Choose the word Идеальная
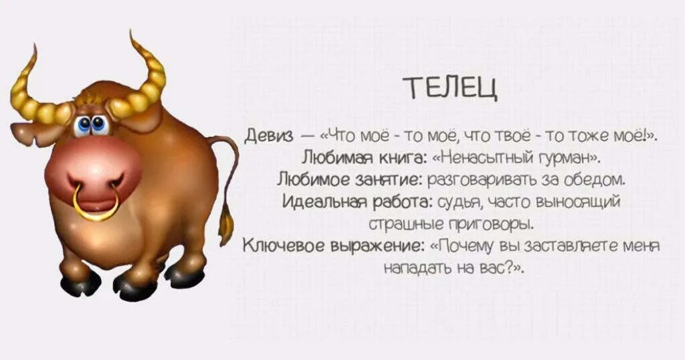(x=323, y=201)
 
